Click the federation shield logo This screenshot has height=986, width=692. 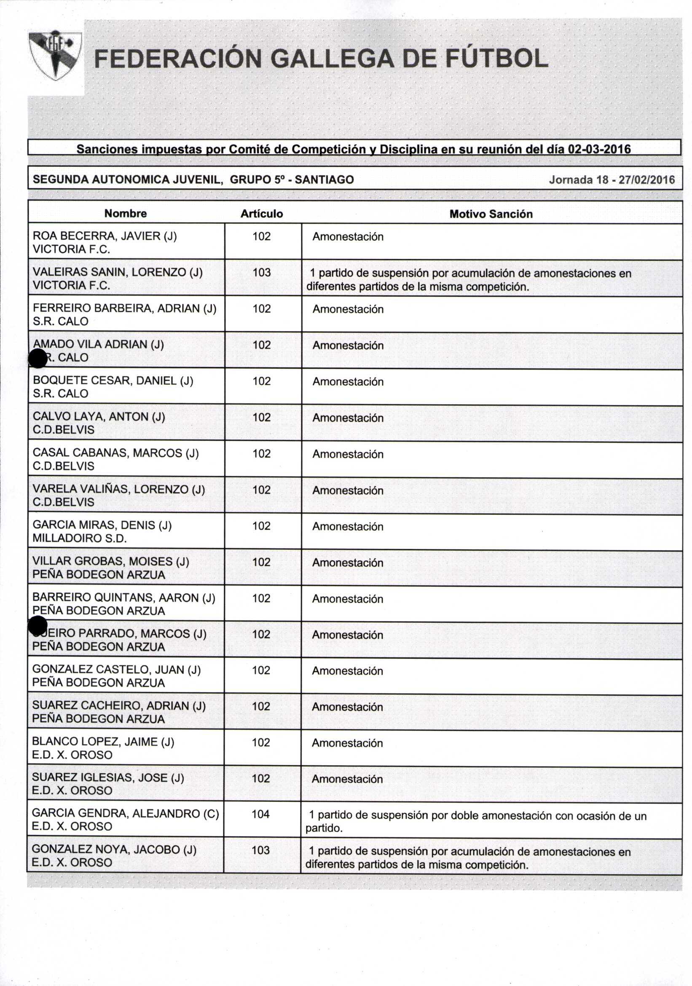54,55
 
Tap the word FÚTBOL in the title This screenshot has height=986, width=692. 497,59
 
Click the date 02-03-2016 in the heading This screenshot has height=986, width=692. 599,149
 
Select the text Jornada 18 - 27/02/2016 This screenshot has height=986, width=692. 612,180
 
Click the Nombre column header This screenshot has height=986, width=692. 126,214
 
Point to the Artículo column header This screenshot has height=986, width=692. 262,214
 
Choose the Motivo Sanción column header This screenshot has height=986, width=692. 491,214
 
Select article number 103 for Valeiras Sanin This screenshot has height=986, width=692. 262,272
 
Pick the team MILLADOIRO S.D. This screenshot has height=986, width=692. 80,539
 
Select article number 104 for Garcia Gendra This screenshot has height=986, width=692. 260,814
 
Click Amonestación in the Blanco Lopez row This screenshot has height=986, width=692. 347,743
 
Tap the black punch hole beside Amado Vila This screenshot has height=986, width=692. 38,358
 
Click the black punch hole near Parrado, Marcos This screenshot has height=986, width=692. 38,625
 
